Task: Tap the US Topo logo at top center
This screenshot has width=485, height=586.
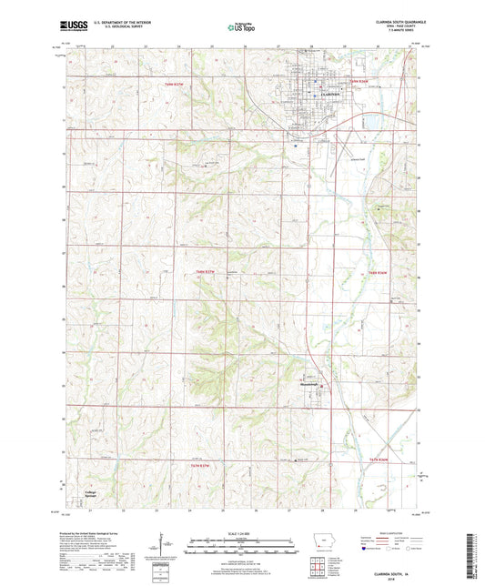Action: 241,28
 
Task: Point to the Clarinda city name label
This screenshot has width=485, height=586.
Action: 308,93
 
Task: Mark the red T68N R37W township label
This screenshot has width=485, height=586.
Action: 209,270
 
